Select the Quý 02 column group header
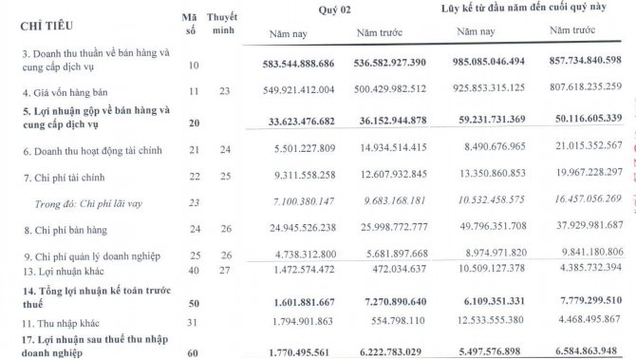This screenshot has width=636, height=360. [337, 10]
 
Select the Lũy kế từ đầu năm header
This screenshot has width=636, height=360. [523, 10]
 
